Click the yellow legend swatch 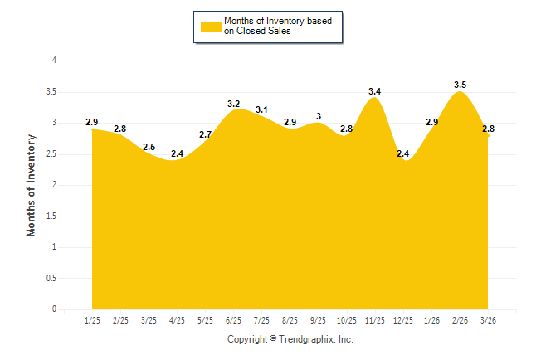click(x=211, y=26)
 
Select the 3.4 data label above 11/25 click(x=375, y=90)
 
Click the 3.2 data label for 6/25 click(x=233, y=104)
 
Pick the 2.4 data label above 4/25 click(x=177, y=153)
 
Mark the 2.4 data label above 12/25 click(x=403, y=153)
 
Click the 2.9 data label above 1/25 click(x=92, y=122)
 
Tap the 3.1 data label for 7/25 click(x=261, y=109)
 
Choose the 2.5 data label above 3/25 click(x=149, y=147)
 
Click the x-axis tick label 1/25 click(x=92, y=321)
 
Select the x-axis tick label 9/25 click(x=318, y=321)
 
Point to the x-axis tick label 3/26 click(x=488, y=321)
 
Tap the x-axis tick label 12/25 click(x=403, y=321)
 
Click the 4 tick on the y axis click(x=54, y=61)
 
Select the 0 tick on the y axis click(x=54, y=309)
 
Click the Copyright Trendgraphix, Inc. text click(x=290, y=340)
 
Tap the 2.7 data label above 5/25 click(x=205, y=134)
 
